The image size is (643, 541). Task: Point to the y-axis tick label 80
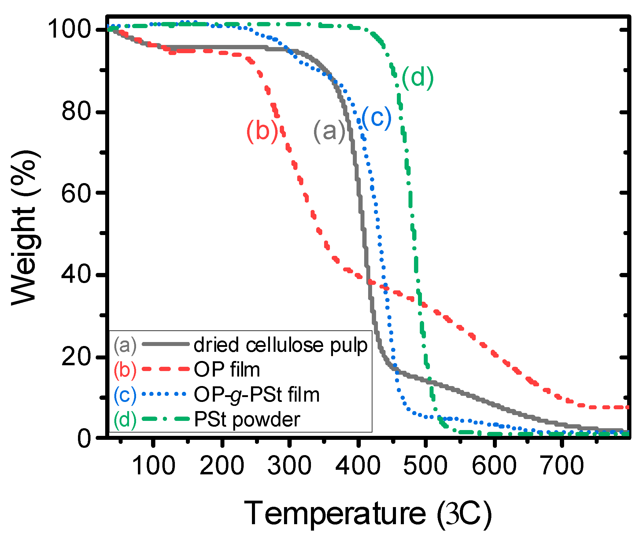pyautogui.click(x=77, y=112)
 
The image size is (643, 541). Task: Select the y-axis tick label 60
pyautogui.click(x=77, y=193)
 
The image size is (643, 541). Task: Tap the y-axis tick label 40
pyautogui.click(x=77, y=274)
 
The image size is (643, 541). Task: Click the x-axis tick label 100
pyautogui.click(x=153, y=466)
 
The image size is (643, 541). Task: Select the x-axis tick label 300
pyautogui.click(x=289, y=466)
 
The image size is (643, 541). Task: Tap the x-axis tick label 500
pyautogui.click(x=425, y=466)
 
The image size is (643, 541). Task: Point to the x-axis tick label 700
pyautogui.click(x=562, y=466)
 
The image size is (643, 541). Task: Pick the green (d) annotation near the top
pyautogui.click(x=418, y=78)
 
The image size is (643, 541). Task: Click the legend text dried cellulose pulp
pyautogui.click(x=280, y=345)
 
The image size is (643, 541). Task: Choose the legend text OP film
pyautogui.click(x=227, y=370)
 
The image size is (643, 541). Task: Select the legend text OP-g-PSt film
pyautogui.click(x=257, y=395)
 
